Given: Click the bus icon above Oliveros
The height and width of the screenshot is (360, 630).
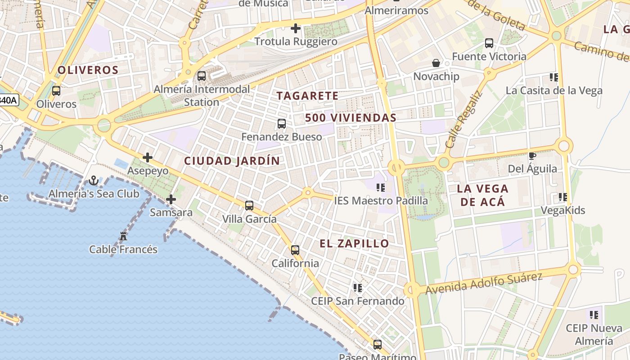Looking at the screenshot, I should tap(56, 91).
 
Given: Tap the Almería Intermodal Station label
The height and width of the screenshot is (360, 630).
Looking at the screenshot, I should tap(202, 95).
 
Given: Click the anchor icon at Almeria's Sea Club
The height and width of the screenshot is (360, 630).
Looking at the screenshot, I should tap(94, 180).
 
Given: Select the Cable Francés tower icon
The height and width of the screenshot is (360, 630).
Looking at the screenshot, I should tap(123, 236).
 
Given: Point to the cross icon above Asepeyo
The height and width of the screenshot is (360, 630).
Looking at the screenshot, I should tap(147, 157).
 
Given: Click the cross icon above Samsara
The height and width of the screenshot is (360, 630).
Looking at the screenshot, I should tap(171, 199).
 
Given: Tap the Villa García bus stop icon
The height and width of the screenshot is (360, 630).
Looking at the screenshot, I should tap(249, 206).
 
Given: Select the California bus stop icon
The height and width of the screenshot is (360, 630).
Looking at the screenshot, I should tap(295, 250).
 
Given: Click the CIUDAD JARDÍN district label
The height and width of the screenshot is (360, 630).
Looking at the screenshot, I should tap(232, 161).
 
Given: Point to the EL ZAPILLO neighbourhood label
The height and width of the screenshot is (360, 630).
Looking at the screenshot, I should tap(354, 244).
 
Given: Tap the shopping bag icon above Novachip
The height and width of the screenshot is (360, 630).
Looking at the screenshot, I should tap(436, 63).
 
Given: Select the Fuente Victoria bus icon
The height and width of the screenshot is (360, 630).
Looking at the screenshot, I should tap(489, 43).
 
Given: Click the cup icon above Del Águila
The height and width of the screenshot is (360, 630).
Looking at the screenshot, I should tap(532, 156).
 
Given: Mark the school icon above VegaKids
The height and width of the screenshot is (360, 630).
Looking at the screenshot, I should tap(562, 197).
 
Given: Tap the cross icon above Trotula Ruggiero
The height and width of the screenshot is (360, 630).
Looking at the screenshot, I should tap(296, 28).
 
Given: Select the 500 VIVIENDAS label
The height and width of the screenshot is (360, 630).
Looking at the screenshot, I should tap(351, 118).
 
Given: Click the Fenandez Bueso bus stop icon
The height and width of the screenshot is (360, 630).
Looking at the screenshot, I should tap(282, 123).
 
